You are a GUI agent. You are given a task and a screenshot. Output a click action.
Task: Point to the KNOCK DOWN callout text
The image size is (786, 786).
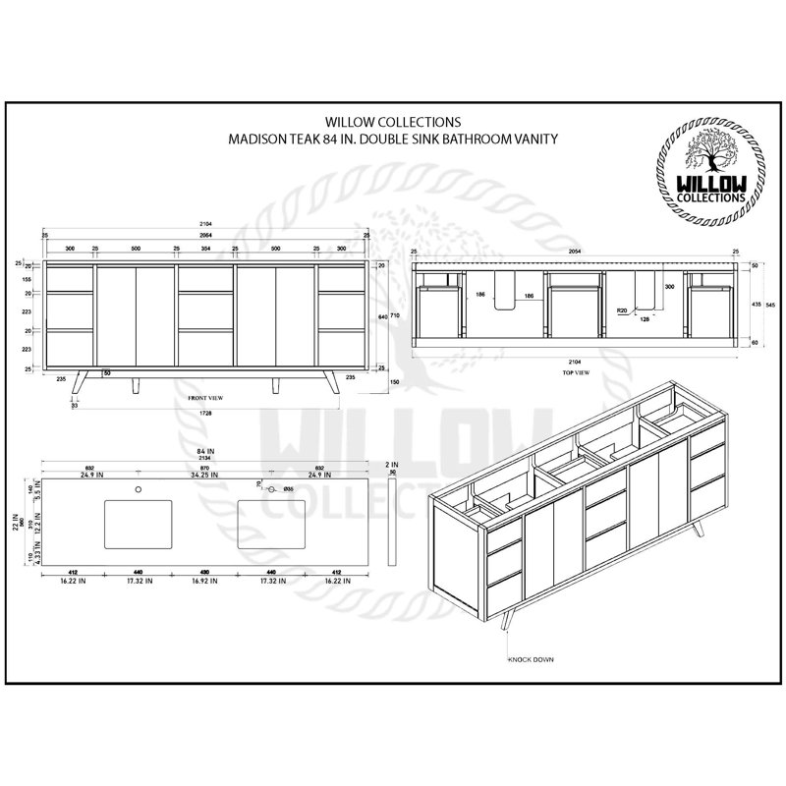click(532, 659)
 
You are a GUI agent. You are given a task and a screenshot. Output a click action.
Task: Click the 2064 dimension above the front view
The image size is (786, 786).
click(205, 237)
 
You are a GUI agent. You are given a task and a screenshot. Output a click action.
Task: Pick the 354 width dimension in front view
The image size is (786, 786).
click(205, 249)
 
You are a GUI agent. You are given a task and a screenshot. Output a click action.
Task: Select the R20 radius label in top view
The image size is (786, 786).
click(621, 310)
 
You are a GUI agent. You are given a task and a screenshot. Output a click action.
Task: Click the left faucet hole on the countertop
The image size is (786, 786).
click(139, 488)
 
